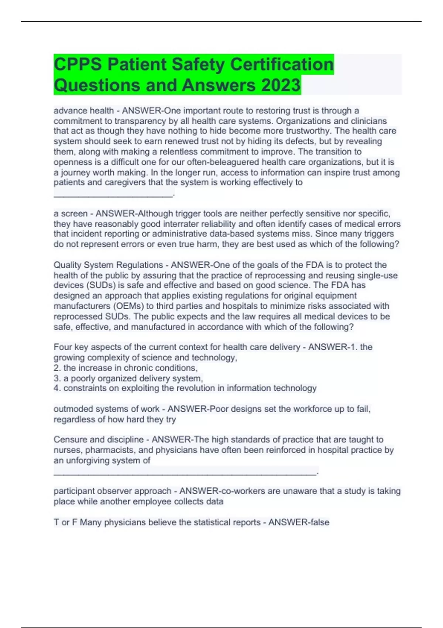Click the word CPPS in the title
coord(78,64)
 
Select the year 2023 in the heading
coord(281,85)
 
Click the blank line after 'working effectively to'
coord(113,195)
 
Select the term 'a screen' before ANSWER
coord(71,214)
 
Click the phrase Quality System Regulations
coord(108,265)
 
